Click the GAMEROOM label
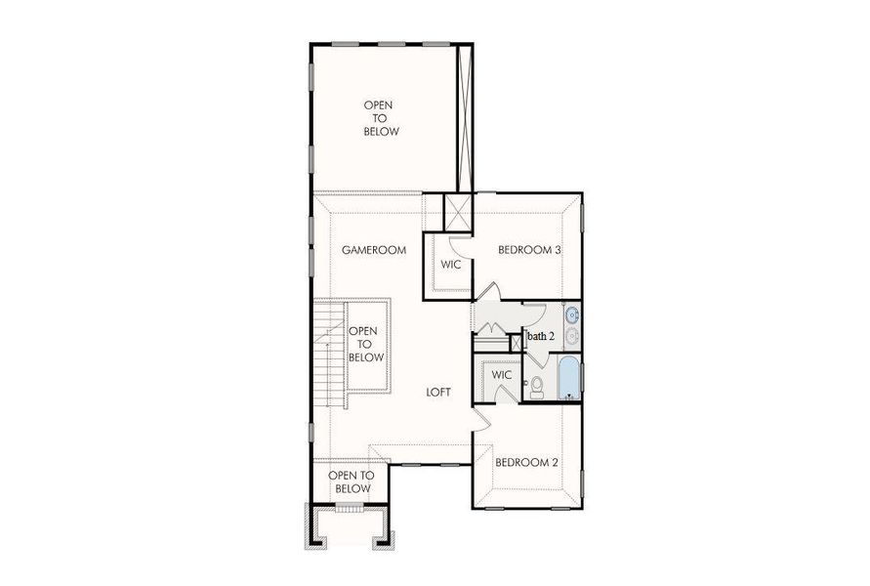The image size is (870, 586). point(373,250)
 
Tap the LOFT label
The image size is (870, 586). point(438,392)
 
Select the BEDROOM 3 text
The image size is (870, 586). point(529,250)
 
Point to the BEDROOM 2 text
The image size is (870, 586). point(526,462)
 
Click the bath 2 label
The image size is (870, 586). point(541,337)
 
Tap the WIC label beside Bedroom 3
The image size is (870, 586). point(450,265)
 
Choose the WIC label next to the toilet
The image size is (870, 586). point(502,375)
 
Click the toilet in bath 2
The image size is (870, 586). point(536,387)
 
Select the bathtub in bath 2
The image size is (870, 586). point(568,379)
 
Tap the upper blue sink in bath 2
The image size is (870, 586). point(571,315)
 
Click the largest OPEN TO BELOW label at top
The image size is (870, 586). point(381,118)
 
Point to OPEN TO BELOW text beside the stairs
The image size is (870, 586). point(364,345)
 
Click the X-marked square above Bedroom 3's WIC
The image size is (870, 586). point(457,212)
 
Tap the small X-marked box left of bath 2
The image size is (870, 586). point(518,343)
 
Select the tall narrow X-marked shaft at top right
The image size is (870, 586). point(465,117)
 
